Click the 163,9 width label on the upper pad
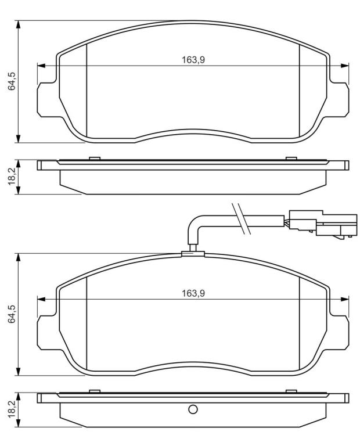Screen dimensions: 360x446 click(193, 60)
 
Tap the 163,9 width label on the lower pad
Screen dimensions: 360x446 click(193, 293)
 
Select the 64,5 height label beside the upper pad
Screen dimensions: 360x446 click(12, 81)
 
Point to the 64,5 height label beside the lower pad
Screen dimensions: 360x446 click(12, 314)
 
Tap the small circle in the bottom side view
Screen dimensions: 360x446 click(193, 409)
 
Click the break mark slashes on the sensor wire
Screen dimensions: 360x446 click(241, 219)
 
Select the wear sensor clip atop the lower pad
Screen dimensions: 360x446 click(193, 254)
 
